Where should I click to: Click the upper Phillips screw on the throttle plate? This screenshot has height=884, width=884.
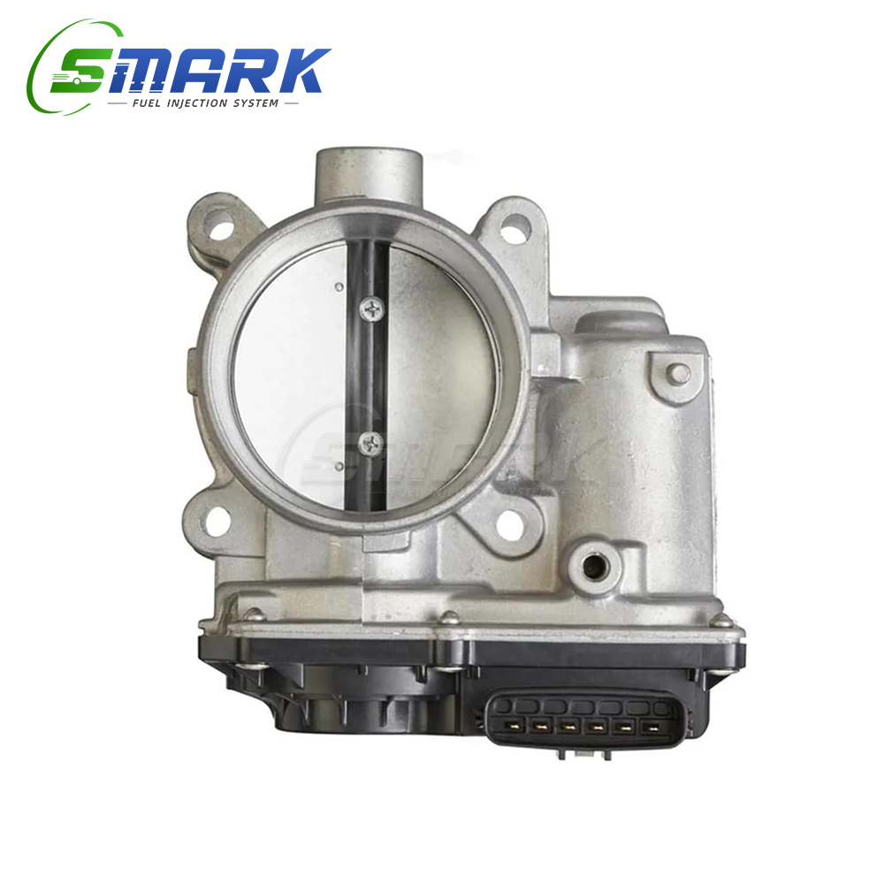(x=372, y=309)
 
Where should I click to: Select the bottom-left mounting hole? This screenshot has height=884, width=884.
(x=218, y=523)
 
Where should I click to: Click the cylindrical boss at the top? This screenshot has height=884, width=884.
(x=369, y=175)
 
